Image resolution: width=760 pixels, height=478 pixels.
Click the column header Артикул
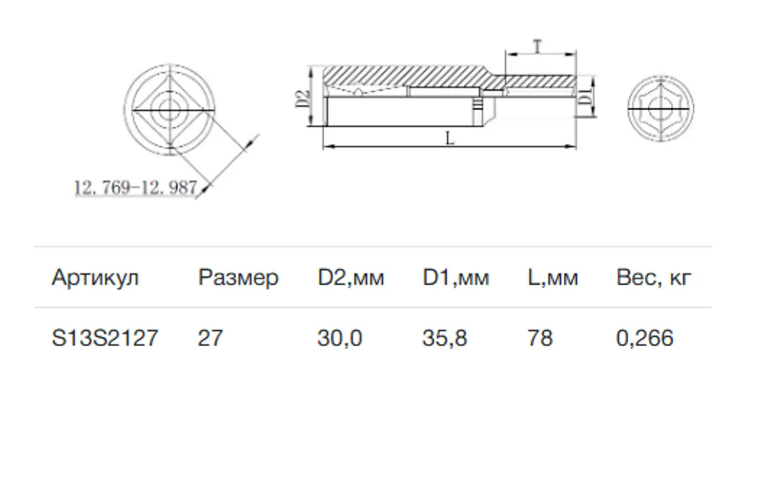[95, 278]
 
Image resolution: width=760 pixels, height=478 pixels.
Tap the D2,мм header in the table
[351, 278]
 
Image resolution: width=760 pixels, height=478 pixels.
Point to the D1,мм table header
[456, 278]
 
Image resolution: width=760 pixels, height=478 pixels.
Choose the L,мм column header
[553, 278]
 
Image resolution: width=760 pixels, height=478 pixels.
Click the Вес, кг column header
[654, 278]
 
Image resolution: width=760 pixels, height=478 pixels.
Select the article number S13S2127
[105, 338]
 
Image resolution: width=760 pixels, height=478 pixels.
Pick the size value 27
[210, 338]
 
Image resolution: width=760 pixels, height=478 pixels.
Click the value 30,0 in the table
[340, 338]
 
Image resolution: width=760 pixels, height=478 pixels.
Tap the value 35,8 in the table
[445, 338]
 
